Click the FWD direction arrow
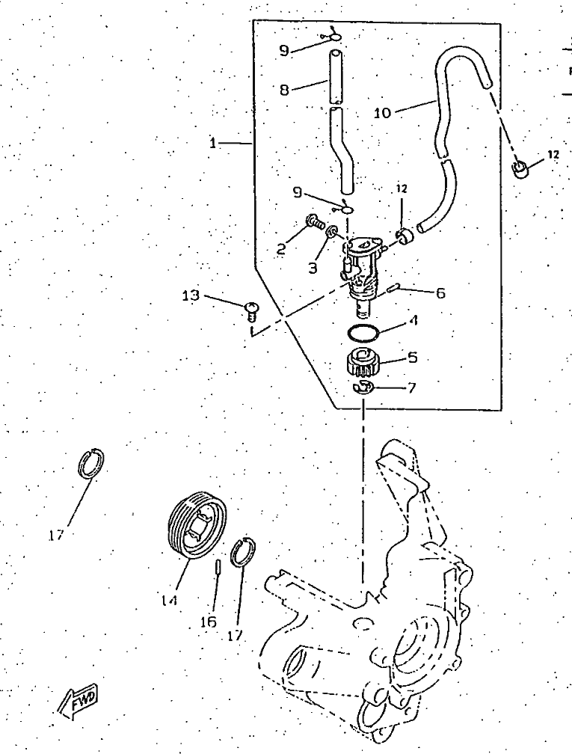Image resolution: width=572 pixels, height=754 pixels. (x=78, y=700)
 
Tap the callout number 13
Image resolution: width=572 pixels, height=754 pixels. (x=191, y=295)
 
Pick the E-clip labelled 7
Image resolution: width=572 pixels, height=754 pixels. (x=361, y=387)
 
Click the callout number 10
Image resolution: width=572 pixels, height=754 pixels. (x=383, y=113)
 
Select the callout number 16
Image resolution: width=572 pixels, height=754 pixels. (x=209, y=622)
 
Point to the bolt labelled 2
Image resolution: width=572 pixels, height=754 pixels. (x=313, y=222)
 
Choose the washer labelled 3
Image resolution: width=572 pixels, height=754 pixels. (x=330, y=231)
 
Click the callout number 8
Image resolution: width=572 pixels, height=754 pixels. (x=285, y=90)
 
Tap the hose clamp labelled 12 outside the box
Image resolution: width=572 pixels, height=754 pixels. (x=519, y=169)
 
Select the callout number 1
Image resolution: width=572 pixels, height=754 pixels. (x=212, y=144)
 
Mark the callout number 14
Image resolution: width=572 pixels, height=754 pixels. (x=169, y=601)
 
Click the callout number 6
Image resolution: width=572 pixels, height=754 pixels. (x=440, y=293)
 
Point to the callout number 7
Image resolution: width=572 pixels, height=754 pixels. (x=411, y=388)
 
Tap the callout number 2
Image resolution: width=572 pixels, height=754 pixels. (x=281, y=248)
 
